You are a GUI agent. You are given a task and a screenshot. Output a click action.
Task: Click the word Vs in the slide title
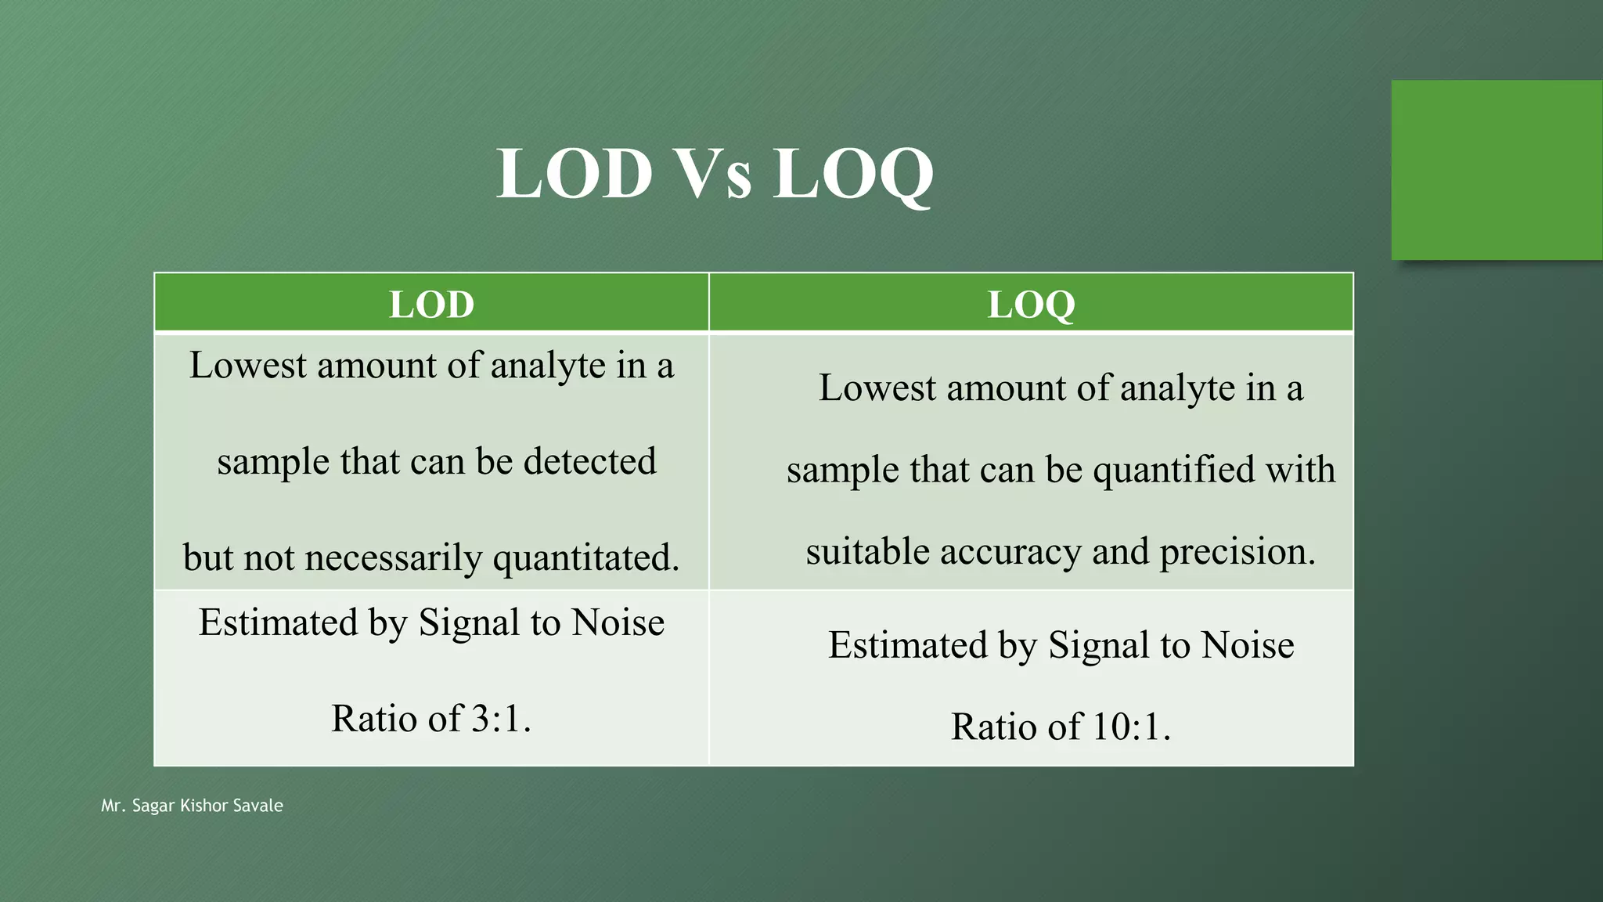tap(713, 173)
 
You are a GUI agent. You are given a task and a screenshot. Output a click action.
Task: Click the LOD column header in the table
tap(431, 304)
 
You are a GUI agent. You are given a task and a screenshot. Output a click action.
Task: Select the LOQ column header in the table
tap(1031, 304)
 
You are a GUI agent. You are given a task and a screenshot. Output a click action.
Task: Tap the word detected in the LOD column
tap(589, 461)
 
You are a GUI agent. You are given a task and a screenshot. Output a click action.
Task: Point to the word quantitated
tap(586, 558)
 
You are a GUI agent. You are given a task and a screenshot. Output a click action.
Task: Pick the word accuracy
tap(1010, 552)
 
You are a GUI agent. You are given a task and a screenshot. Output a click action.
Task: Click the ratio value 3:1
tap(501, 719)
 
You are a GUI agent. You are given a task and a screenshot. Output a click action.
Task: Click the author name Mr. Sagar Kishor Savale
tap(192, 806)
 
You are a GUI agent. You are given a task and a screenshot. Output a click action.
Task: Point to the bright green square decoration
tap(1497, 170)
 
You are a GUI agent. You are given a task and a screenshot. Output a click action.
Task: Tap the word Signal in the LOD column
tap(469, 623)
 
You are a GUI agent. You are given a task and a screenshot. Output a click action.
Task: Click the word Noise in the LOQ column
tap(1248, 646)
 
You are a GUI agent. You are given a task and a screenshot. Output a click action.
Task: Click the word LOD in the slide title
tap(575, 173)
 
